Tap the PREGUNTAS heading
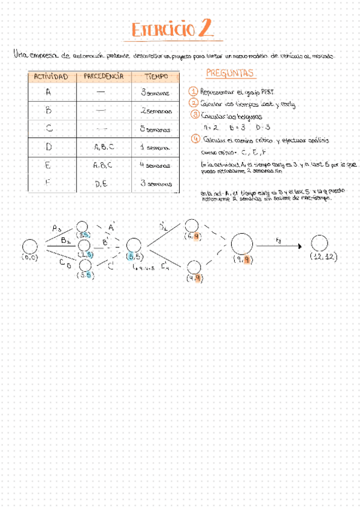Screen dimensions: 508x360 point(231,74)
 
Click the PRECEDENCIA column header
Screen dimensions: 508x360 point(103,77)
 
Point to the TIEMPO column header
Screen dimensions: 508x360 point(155,77)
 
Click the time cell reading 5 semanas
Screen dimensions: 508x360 point(155,129)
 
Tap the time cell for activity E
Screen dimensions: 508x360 point(155,165)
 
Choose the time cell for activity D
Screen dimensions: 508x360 point(155,147)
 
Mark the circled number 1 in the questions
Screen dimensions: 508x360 point(193,92)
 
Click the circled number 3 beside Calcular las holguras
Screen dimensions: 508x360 point(195,114)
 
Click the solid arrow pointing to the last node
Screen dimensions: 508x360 point(280,244)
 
